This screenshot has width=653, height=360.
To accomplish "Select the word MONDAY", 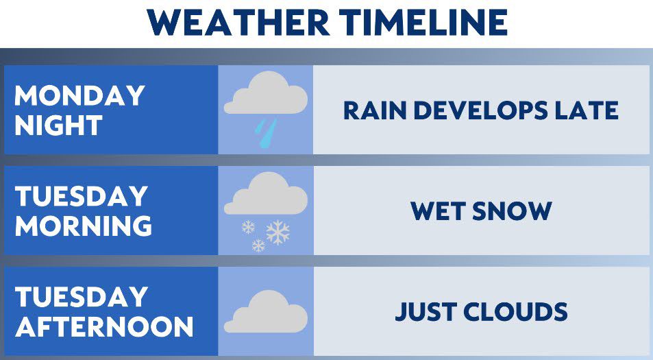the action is tap(79, 95).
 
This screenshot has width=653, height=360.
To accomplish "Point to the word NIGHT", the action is tap(58, 125).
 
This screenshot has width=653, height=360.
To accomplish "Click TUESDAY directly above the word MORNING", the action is tap(82, 196).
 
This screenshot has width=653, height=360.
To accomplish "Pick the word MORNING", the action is tap(84, 226).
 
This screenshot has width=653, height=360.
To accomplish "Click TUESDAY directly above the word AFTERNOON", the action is tap(82, 296).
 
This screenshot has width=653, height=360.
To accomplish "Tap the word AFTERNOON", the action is tap(104, 326).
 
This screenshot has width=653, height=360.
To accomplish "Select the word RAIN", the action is tap(375, 110).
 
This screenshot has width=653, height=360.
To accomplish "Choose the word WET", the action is tap(438, 211).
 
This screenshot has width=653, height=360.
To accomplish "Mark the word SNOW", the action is tap(513, 211).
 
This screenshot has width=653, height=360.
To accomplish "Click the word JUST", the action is tap(426, 311).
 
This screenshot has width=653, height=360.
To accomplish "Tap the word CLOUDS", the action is tap(515, 311).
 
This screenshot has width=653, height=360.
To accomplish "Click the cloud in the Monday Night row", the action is tap(266, 93).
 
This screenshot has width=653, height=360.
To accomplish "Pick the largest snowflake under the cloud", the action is tap(278, 232).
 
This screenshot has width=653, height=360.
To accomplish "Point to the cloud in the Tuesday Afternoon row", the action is tap(266, 312).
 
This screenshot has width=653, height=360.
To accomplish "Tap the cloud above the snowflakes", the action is tap(266, 194).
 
